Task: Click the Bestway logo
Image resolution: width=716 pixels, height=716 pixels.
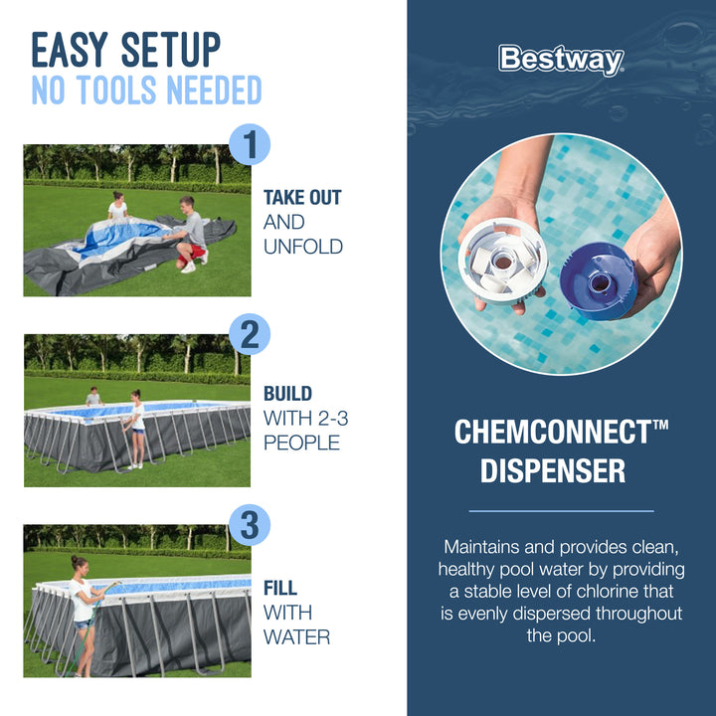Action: [561, 60]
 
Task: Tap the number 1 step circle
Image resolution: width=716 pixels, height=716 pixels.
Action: [250, 145]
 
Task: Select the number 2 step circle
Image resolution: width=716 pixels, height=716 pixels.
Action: [250, 335]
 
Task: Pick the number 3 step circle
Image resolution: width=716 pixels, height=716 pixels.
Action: [250, 526]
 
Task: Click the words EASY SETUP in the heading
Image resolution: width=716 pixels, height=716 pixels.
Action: [126, 49]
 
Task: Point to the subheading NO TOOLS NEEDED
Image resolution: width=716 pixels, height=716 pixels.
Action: [146, 90]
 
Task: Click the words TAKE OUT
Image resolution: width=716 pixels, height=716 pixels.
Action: [302, 197]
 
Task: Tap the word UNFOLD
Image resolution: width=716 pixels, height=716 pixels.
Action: [303, 246]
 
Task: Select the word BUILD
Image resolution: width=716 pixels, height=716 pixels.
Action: [287, 394]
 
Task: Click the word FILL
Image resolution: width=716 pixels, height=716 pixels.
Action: [280, 588]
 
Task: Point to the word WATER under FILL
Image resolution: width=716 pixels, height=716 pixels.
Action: [297, 635]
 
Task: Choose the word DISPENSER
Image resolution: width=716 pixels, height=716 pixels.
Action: [553, 470]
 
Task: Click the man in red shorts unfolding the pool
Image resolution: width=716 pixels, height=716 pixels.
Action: [192, 234]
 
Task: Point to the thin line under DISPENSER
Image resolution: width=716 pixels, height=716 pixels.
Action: [561, 511]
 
